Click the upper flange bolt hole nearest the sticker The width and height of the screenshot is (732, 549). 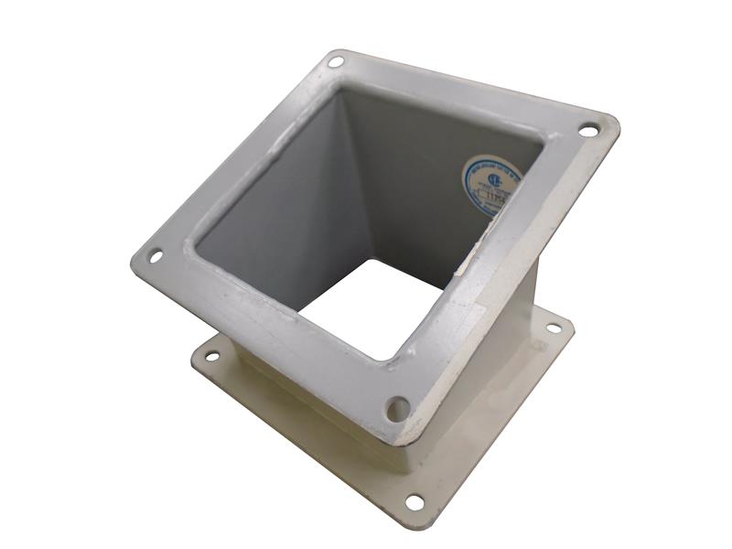click(587, 131)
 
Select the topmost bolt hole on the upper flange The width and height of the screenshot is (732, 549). click(336, 62)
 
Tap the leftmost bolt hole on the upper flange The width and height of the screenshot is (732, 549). click(156, 256)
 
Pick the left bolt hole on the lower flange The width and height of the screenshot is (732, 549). click(211, 355)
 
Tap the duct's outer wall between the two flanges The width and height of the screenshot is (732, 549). click(494, 357)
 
